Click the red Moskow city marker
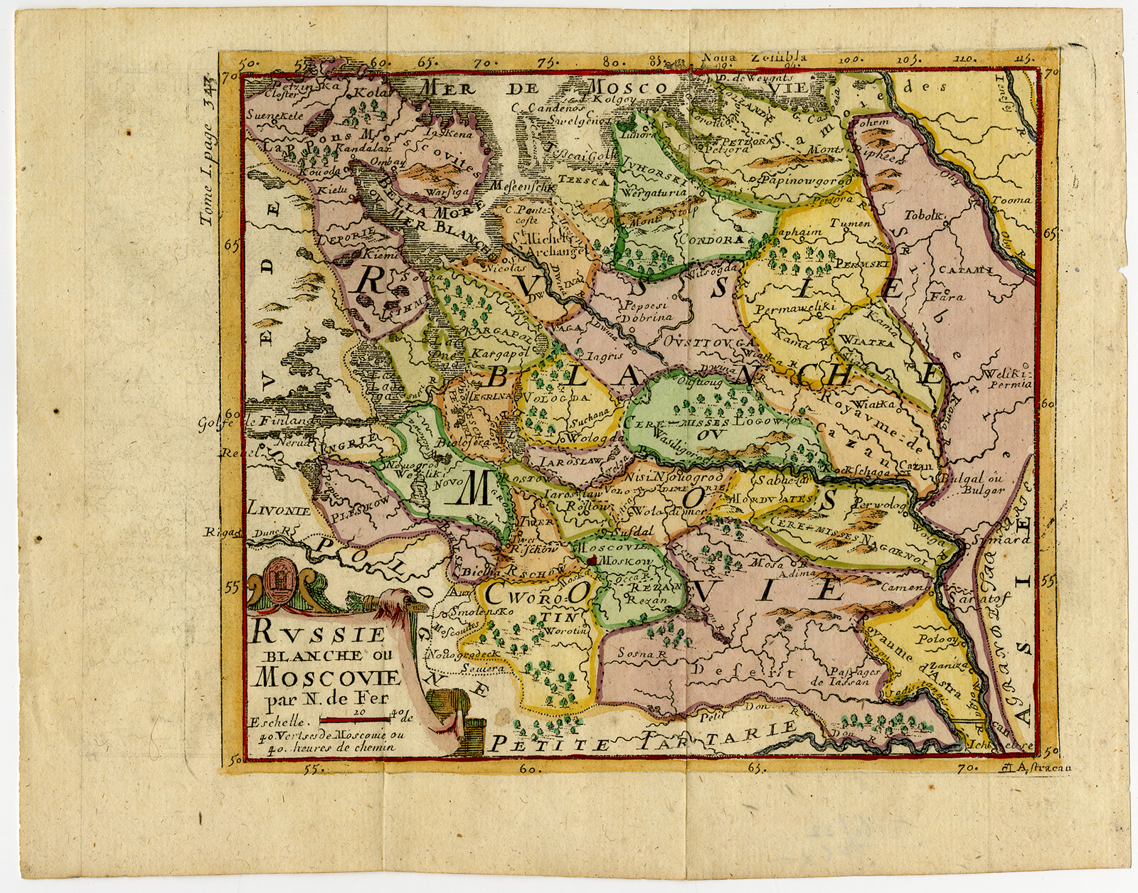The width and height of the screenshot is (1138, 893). (x=590, y=561)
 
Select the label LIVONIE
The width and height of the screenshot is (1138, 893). (x=279, y=510)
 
